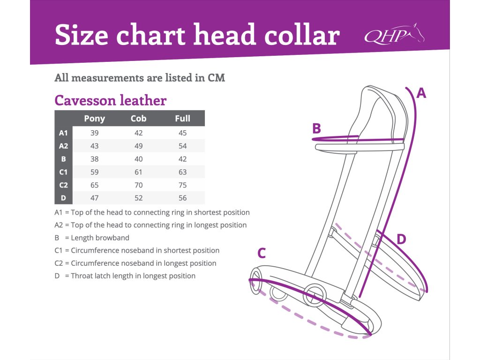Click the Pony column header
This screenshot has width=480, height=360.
[x=94, y=119]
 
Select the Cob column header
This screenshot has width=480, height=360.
[x=138, y=119]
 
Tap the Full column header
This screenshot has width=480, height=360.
[x=182, y=119]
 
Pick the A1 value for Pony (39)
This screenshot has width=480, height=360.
[x=94, y=133]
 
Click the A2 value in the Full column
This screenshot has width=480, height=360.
[x=182, y=146]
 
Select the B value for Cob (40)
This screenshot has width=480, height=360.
[x=138, y=159]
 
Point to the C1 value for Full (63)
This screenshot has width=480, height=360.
[x=182, y=172]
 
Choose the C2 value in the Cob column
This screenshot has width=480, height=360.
[x=138, y=185]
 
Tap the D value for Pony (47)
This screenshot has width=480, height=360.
[x=94, y=198]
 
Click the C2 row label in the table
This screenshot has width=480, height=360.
[x=63, y=185]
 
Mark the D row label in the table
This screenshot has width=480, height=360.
[x=63, y=198]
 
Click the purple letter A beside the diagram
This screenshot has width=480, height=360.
[x=421, y=93]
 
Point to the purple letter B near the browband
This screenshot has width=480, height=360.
[x=317, y=128]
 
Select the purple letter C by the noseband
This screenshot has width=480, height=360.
[x=262, y=254]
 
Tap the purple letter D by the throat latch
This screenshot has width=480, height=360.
[x=401, y=240]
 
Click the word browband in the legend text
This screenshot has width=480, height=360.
[x=111, y=238]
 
